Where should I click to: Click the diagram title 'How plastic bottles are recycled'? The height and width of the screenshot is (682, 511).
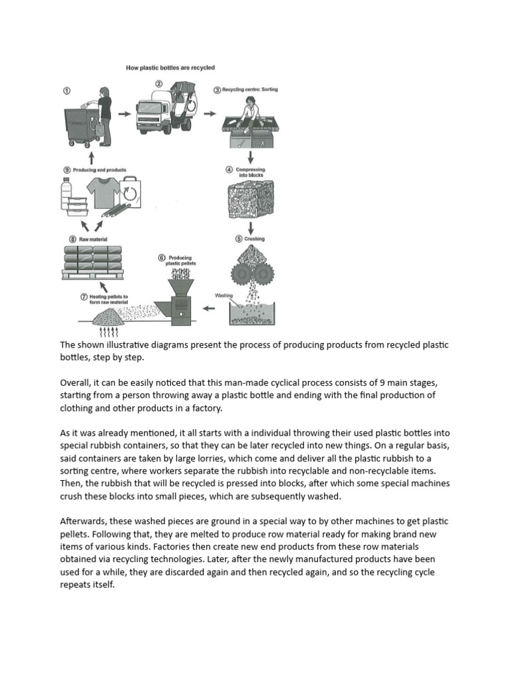coord(170,68)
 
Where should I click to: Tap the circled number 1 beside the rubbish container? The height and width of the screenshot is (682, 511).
coord(67,91)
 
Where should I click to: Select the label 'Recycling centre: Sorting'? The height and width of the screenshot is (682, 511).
coord(249,89)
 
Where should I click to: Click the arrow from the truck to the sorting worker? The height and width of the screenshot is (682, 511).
coord(210,113)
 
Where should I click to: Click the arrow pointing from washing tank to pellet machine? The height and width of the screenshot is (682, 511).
coord(209,308)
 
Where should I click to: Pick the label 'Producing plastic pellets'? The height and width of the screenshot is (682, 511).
coord(179,260)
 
